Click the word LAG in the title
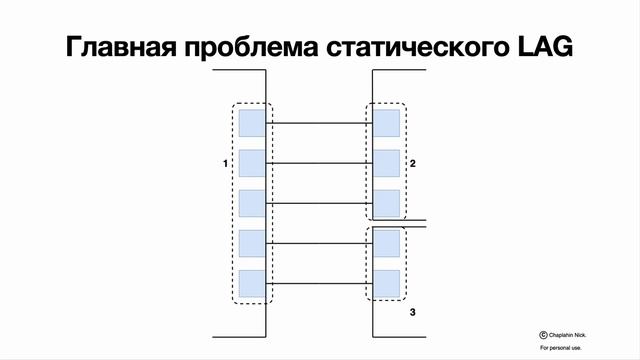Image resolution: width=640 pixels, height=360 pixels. click(543, 48)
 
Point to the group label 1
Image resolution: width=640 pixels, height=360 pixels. click(226, 162)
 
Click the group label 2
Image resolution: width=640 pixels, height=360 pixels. click(413, 162)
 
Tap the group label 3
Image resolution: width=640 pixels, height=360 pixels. click(413, 313)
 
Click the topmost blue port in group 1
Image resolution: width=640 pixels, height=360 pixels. click(252, 123)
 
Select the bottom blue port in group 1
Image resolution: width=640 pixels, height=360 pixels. click(252, 283)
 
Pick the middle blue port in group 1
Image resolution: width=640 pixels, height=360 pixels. click(252, 203)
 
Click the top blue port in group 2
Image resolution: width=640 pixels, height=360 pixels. click(386, 123)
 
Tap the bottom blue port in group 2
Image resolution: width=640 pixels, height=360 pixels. click(386, 203)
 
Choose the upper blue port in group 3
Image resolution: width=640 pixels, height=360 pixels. click(386, 243)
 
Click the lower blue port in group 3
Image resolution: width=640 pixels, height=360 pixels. click(386, 283)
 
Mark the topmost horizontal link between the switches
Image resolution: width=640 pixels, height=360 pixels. click(319, 123)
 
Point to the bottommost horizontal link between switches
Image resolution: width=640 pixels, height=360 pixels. click(319, 283)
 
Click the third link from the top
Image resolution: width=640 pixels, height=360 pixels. click(319, 203)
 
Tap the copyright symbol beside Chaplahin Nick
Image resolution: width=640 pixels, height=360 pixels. click(543, 336)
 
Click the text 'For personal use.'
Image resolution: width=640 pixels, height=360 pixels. click(559, 348)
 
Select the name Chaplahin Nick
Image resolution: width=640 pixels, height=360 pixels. click(568, 336)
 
